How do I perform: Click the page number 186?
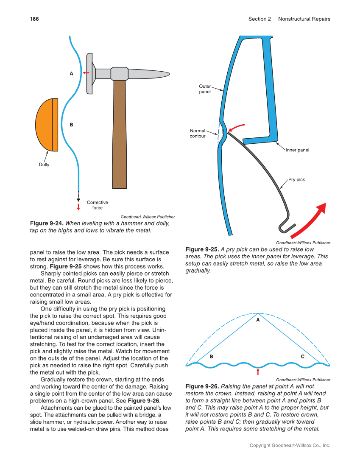point(34,19)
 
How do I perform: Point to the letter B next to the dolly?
point(71,125)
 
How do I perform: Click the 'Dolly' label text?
point(44,165)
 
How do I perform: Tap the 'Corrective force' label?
point(98,205)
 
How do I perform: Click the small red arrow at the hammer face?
point(86,73)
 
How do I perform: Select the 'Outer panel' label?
point(205,89)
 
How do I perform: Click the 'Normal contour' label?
point(198,134)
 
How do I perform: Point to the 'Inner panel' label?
point(297,150)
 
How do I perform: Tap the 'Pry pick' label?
point(296,180)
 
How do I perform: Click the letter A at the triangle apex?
point(257,321)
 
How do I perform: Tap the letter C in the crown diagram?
point(303,357)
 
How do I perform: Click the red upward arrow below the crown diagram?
point(258,372)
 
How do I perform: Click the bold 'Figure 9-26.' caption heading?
point(202,386)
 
